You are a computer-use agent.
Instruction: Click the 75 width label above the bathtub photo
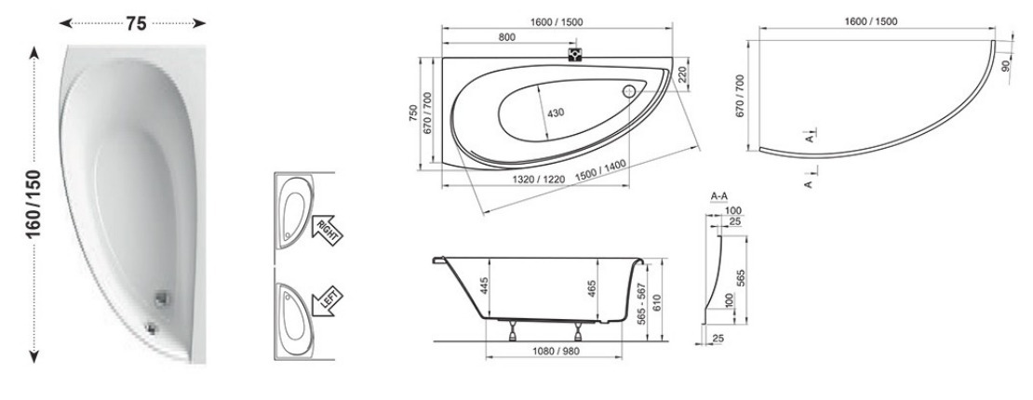point(136,24)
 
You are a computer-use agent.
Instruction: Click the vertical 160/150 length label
point(34,205)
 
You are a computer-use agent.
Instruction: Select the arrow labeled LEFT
point(328,304)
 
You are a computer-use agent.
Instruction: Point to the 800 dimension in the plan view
point(506,37)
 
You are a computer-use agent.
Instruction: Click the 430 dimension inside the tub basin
point(556,113)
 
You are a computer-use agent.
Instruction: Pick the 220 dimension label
point(682,74)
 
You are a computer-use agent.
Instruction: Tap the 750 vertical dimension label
point(413,113)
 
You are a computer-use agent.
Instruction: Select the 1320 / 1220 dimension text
point(539,178)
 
